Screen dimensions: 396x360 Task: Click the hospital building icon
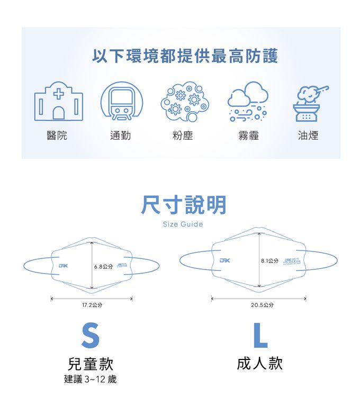pyautogui.click(x=59, y=101)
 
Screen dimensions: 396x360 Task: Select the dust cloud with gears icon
pyautogui.click(x=184, y=101)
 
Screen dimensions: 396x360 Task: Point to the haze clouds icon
pyautogui.click(x=247, y=101)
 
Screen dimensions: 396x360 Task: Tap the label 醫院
pyautogui.click(x=57, y=136)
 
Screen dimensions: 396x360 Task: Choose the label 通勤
pyautogui.click(x=120, y=136)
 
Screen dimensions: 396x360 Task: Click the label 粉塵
pyautogui.click(x=183, y=136)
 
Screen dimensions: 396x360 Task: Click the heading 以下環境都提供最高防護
pyautogui.click(x=185, y=56)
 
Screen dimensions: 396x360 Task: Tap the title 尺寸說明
pyautogui.click(x=183, y=205)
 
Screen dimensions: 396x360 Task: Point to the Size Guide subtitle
pyautogui.click(x=183, y=224)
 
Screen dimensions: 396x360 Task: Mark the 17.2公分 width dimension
pyautogui.click(x=92, y=305)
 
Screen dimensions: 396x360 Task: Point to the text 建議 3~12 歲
pyautogui.click(x=90, y=379)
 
